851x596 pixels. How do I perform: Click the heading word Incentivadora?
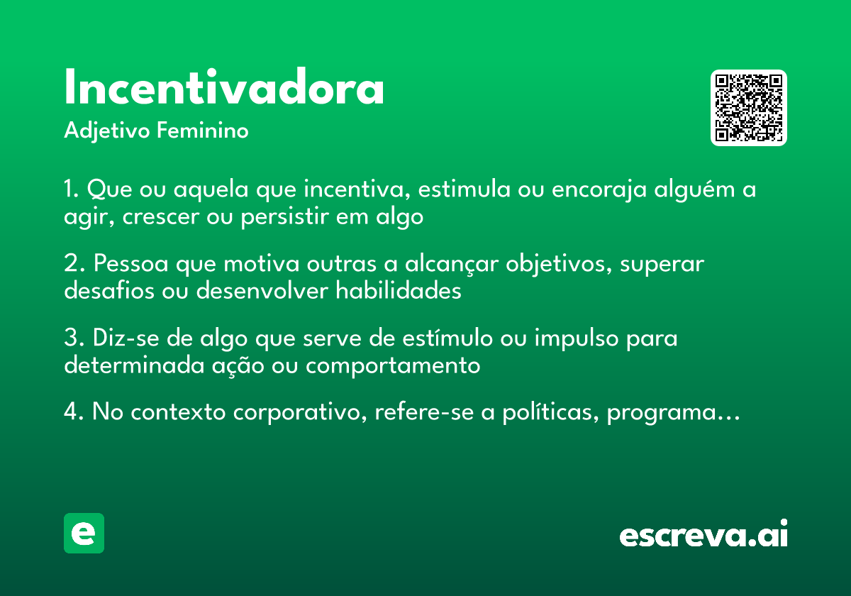(x=224, y=89)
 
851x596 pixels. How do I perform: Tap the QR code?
(x=749, y=108)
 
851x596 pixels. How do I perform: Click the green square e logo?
(x=84, y=533)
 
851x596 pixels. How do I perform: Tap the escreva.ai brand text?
(x=703, y=535)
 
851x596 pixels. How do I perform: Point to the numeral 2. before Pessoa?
(x=73, y=264)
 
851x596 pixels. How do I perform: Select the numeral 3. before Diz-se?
(x=73, y=338)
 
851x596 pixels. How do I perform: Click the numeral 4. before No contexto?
(x=74, y=412)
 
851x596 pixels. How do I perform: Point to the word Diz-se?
(x=126, y=338)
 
